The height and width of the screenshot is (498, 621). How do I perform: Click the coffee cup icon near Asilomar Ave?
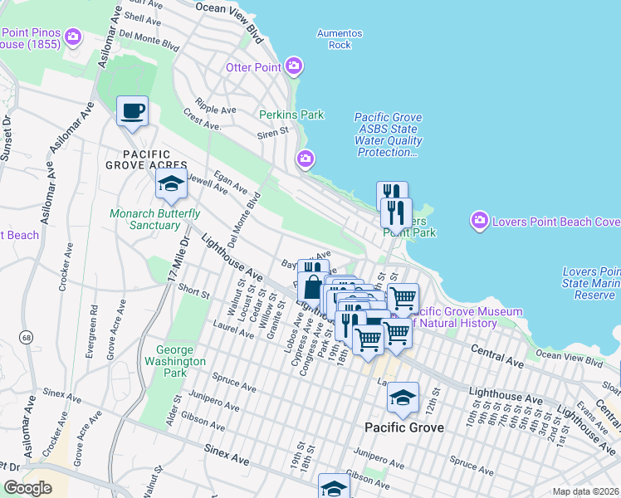click(132, 111)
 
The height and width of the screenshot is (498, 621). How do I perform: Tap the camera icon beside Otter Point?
click(293, 66)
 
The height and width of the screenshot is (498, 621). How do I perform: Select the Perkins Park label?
click(291, 115)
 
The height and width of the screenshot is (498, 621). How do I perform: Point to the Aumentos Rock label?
click(340, 39)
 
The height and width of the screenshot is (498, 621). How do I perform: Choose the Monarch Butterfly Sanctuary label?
click(155, 219)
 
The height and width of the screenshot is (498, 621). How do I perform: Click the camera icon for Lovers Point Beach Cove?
click(479, 221)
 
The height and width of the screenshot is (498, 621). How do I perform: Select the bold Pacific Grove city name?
click(404, 427)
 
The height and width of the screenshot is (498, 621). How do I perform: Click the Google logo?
click(28, 487)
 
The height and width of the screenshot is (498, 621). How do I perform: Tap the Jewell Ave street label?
click(208, 183)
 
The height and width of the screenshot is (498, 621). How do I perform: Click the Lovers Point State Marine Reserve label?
click(590, 283)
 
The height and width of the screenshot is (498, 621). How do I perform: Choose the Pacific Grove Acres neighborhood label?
click(147, 160)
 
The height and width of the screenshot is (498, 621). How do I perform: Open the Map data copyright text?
click(585, 491)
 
